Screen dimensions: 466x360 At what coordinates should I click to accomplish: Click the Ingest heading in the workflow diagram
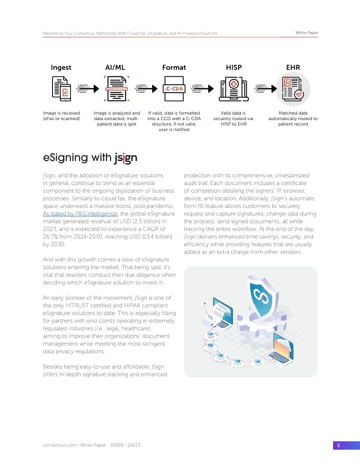[61, 68]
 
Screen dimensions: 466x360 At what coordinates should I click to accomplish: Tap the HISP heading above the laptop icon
[233, 68]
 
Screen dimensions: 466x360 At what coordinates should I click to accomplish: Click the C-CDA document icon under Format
[174, 88]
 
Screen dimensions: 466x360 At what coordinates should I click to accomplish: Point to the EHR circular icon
[293, 88]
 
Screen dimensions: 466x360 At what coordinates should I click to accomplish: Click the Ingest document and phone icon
[61, 88]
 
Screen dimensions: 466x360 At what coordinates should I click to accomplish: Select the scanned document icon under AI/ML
[116, 88]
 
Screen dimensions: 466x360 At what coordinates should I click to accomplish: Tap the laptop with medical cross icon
[233, 88]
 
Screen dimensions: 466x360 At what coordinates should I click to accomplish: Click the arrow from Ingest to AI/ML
[88, 88]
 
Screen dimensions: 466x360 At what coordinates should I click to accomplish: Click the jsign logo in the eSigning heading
[126, 158]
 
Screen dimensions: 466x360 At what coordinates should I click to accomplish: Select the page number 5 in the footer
[338, 445]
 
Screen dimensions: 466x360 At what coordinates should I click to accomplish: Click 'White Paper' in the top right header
[307, 33]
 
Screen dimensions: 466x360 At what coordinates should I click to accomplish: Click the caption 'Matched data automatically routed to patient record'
[293, 119]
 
